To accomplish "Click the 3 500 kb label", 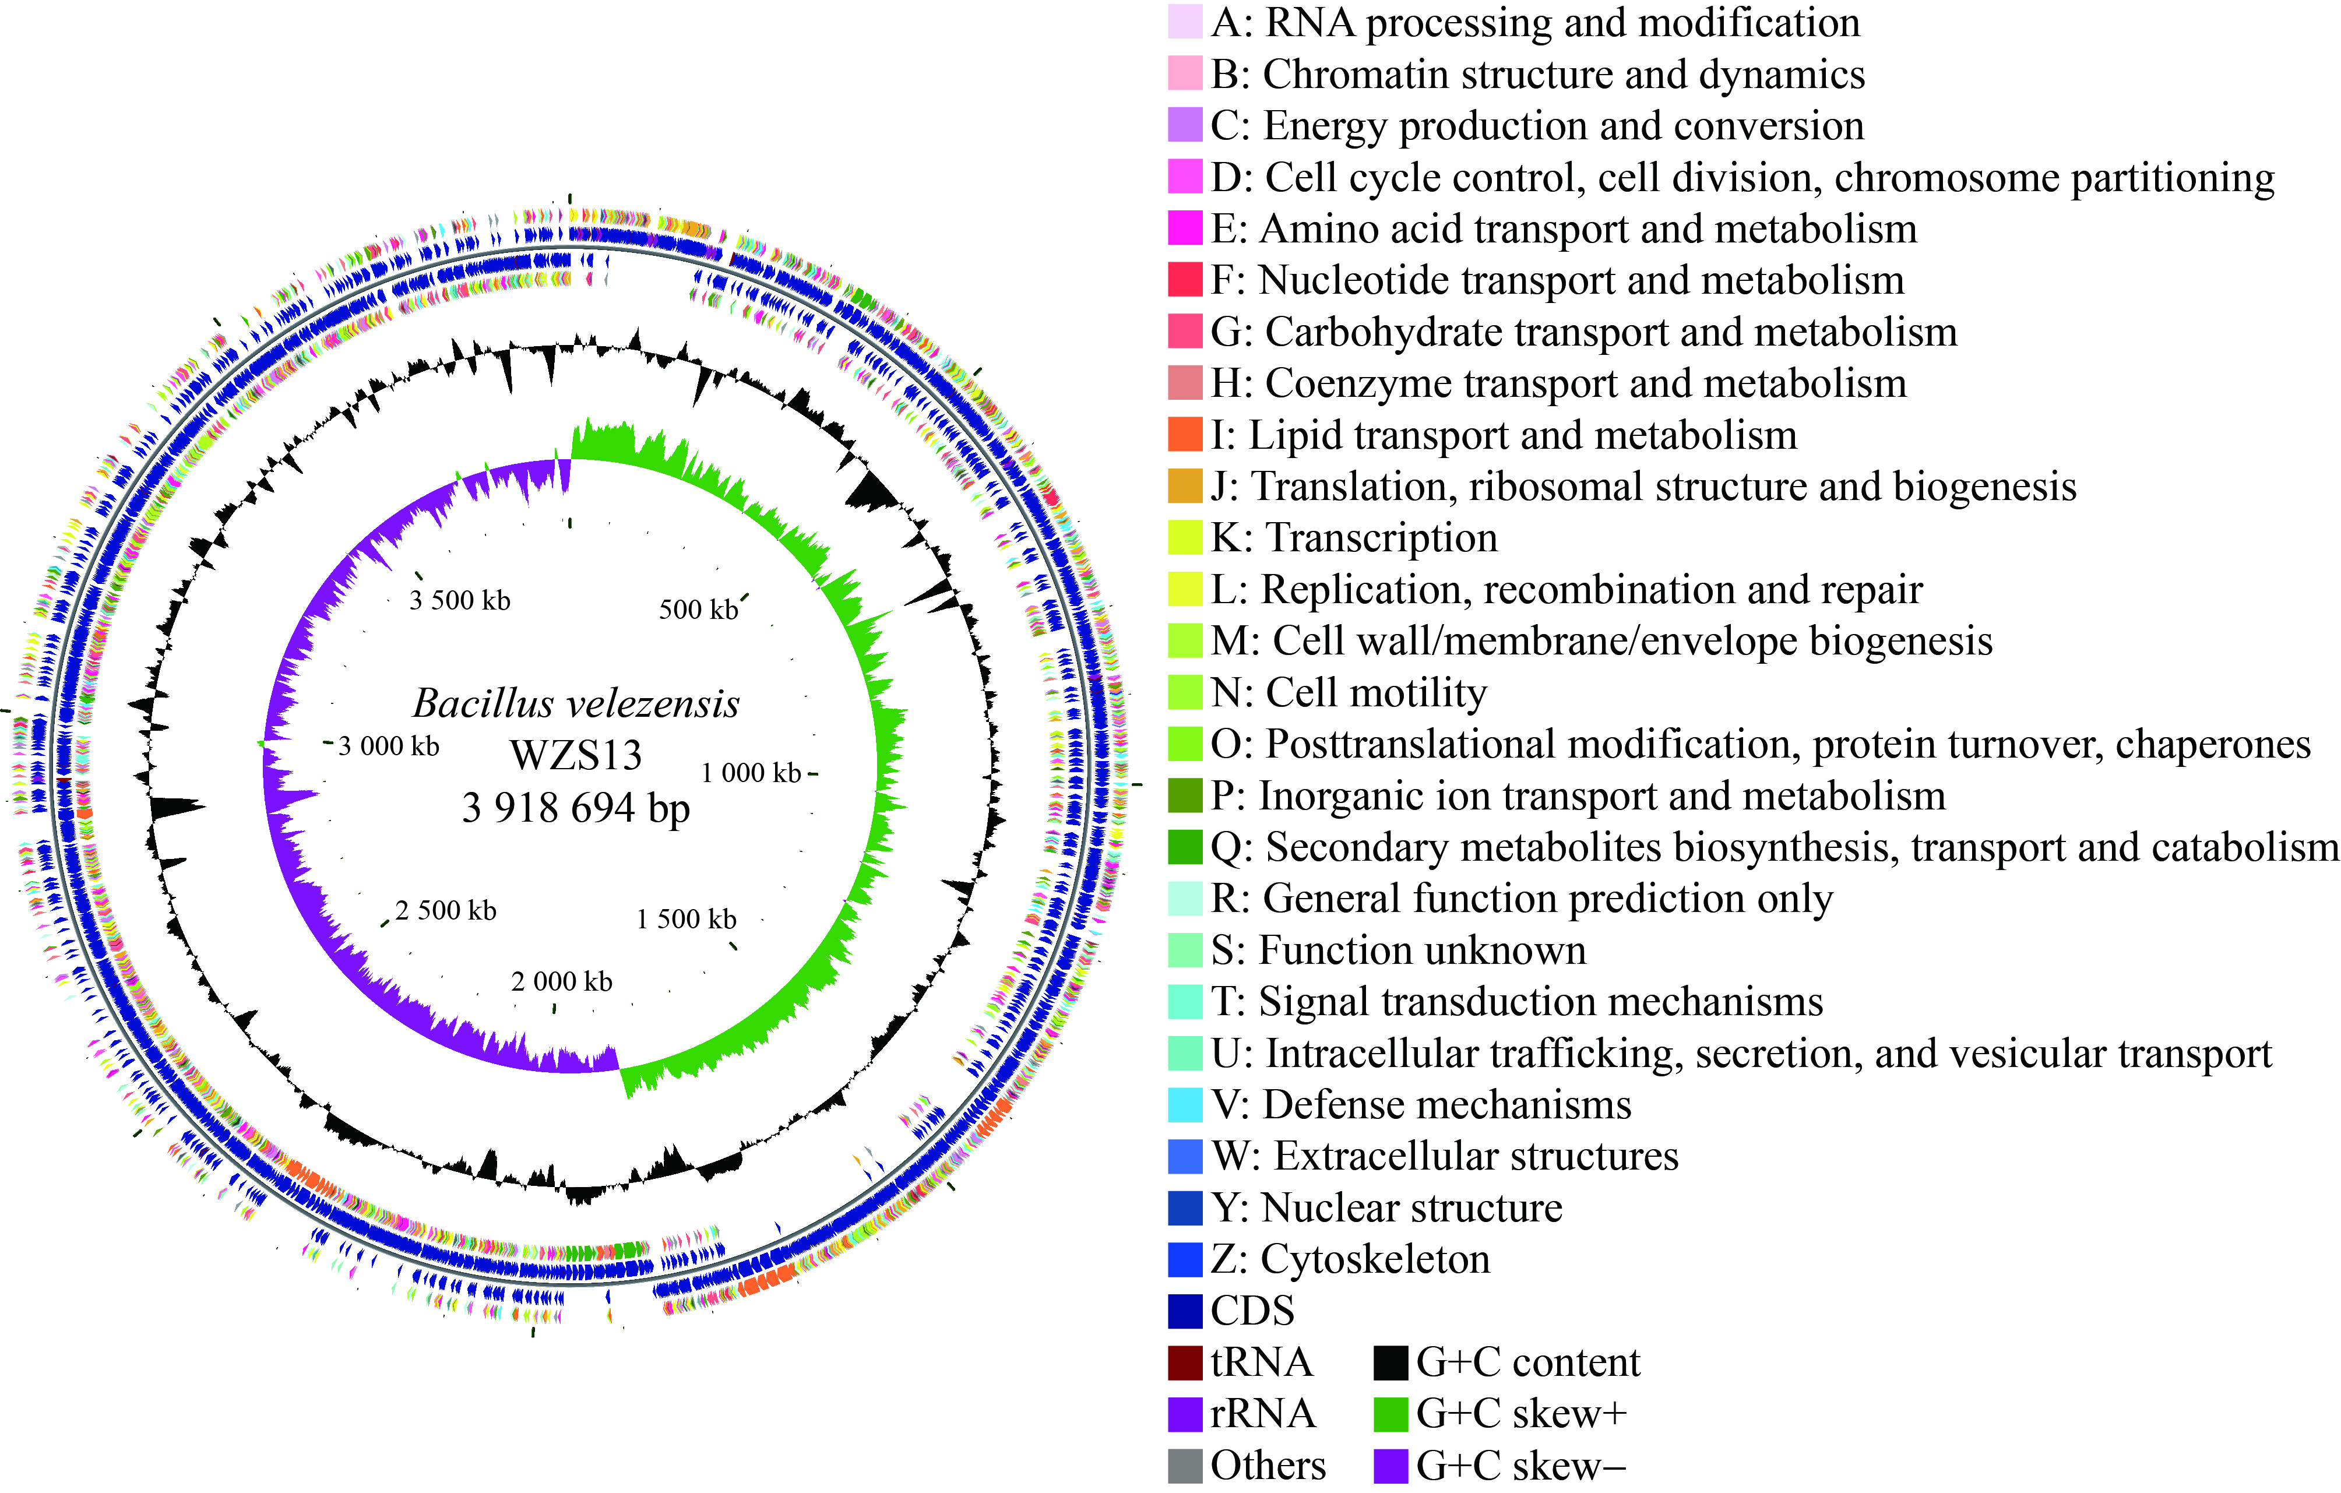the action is (460, 601).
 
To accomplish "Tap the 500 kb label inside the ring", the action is (699, 610).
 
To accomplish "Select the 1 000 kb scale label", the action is (752, 773).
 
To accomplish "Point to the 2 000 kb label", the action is (562, 982).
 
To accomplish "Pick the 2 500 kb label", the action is (446, 911).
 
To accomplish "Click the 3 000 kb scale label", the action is (389, 746).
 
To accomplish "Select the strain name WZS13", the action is (576, 755).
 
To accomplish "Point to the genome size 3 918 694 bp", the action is (576, 808).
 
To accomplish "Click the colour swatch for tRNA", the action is (1185, 1362).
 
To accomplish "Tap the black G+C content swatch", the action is (1391, 1362).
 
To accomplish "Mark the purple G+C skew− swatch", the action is (1391, 1466).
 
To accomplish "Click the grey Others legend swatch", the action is (1185, 1466).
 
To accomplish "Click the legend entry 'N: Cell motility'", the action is (1349, 693).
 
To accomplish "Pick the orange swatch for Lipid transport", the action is (1185, 435).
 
